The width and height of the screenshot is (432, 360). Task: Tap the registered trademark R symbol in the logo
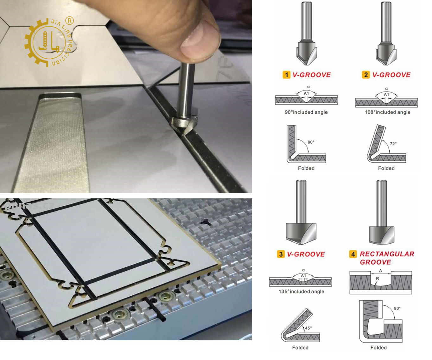69,21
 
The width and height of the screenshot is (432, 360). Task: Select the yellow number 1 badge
286,75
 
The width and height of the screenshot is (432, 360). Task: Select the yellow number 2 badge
366,75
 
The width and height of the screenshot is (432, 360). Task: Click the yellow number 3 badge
281,254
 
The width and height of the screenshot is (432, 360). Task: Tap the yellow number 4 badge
353,254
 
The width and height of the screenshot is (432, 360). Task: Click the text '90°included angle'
306,112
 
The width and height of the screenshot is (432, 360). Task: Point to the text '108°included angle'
387,112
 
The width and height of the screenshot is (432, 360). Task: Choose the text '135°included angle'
301,292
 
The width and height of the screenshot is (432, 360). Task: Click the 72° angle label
393,144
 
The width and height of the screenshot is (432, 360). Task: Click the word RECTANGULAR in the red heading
387,254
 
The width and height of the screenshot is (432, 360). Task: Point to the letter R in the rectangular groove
377,279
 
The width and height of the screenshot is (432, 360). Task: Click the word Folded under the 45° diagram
300,348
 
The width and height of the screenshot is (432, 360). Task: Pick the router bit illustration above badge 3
301,215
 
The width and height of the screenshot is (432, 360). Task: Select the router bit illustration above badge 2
385,35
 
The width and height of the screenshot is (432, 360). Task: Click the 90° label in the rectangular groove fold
397,308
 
